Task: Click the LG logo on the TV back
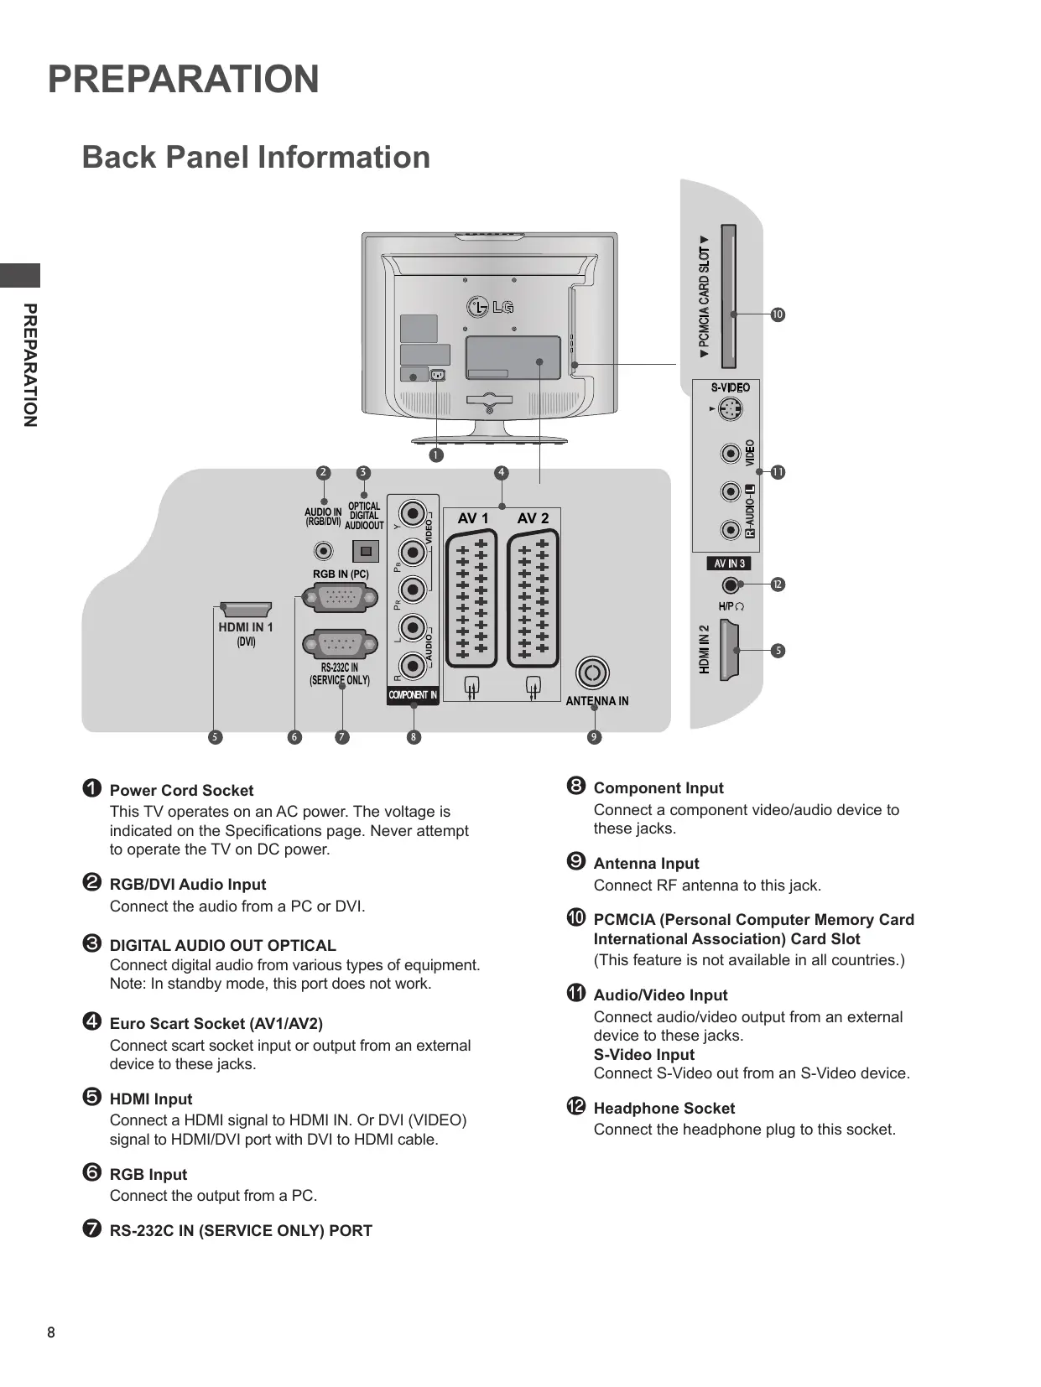(x=490, y=307)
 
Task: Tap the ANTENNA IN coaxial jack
(x=592, y=673)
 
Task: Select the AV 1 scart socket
(x=471, y=599)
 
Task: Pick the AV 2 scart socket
(x=533, y=599)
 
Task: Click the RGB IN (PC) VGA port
(x=340, y=598)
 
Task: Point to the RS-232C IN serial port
(x=340, y=645)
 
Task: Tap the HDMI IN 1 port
(x=245, y=610)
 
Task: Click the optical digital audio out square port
(x=366, y=551)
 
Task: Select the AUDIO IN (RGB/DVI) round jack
(x=323, y=551)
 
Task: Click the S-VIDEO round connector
(x=730, y=409)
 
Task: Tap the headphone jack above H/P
(x=730, y=585)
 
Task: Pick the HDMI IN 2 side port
(x=730, y=650)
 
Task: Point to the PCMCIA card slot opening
(x=729, y=296)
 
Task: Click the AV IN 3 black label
(x=729, y=563)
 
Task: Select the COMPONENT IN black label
(x=413, y=695)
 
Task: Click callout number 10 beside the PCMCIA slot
(x=778, y=314)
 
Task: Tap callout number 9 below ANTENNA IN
(x=594, y=737)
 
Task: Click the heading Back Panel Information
(x=256, y=157)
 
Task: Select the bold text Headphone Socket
(x=664, y=1108)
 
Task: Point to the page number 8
(x=51, y=1332)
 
